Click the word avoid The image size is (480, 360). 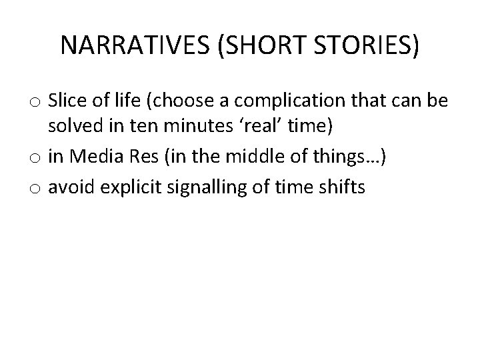[72, 187]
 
